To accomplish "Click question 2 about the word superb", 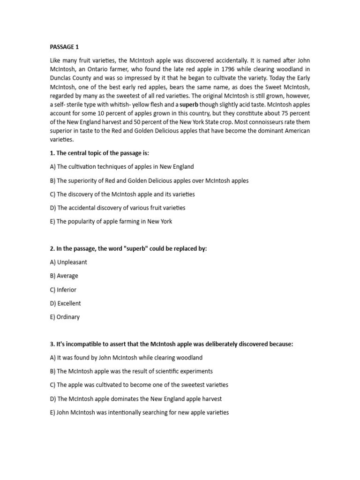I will point(128,248).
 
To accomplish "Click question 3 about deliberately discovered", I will point(171,344).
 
